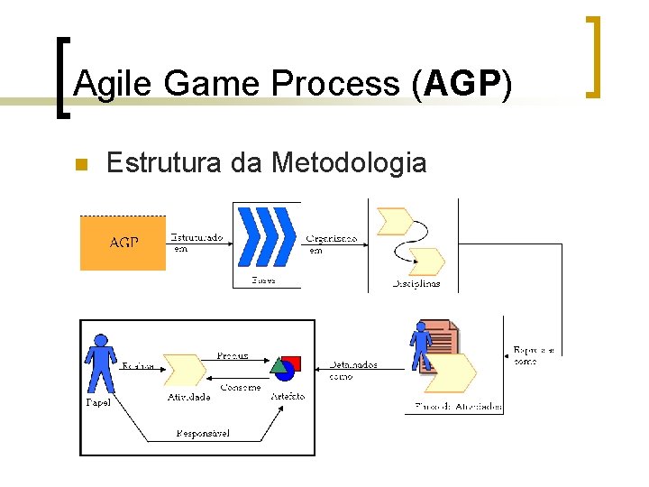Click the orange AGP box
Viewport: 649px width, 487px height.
coord(123,243)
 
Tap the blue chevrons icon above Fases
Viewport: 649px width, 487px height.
coord(266,236)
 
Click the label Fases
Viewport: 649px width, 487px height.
coord(263,280)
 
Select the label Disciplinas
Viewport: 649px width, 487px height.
coord(416,284)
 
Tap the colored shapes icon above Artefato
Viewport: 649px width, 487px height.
coord(286,366)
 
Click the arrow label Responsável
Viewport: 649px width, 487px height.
coord(203,434)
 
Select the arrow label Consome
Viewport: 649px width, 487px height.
coord(241,388)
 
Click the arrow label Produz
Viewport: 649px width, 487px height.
coord(232,356)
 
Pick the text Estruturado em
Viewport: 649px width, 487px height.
coord(197,243)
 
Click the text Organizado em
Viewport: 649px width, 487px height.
coord(330,243)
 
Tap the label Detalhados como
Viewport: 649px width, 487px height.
coord(352,371)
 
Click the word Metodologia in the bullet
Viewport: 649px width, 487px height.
coord(349,162)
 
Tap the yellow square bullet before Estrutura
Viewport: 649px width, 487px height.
coord(79,164)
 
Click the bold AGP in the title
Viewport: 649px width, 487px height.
coord(461,84)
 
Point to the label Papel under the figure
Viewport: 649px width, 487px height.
coord(98,403)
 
